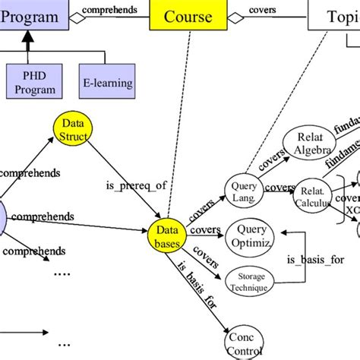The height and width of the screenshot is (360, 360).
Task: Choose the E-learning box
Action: click(x=106, y=83)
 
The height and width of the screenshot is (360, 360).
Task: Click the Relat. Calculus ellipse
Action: click(x=312, y=191)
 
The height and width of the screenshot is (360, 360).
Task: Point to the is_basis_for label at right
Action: click(x=314, y=259)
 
